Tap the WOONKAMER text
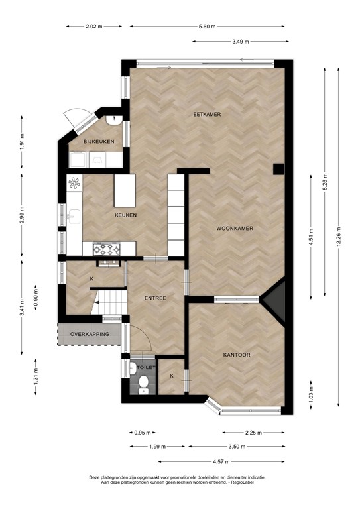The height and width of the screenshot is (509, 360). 235,229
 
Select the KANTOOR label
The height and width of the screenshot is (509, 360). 235,355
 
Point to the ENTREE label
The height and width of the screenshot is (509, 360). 155,298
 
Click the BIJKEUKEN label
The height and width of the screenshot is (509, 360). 99,142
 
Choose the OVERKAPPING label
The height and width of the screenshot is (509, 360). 90,335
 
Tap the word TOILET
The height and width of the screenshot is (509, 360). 146,367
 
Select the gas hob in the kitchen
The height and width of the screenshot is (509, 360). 107,249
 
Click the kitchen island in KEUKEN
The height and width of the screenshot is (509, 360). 123,191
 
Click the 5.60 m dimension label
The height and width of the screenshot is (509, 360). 208,27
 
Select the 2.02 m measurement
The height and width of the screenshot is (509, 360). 95,27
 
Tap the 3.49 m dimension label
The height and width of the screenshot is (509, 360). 240,42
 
